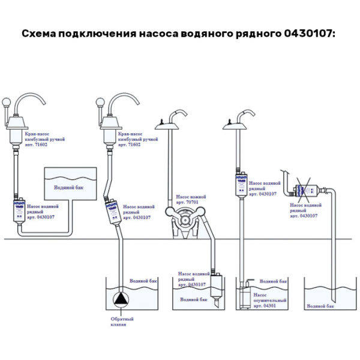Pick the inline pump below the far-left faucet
point(16,212)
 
